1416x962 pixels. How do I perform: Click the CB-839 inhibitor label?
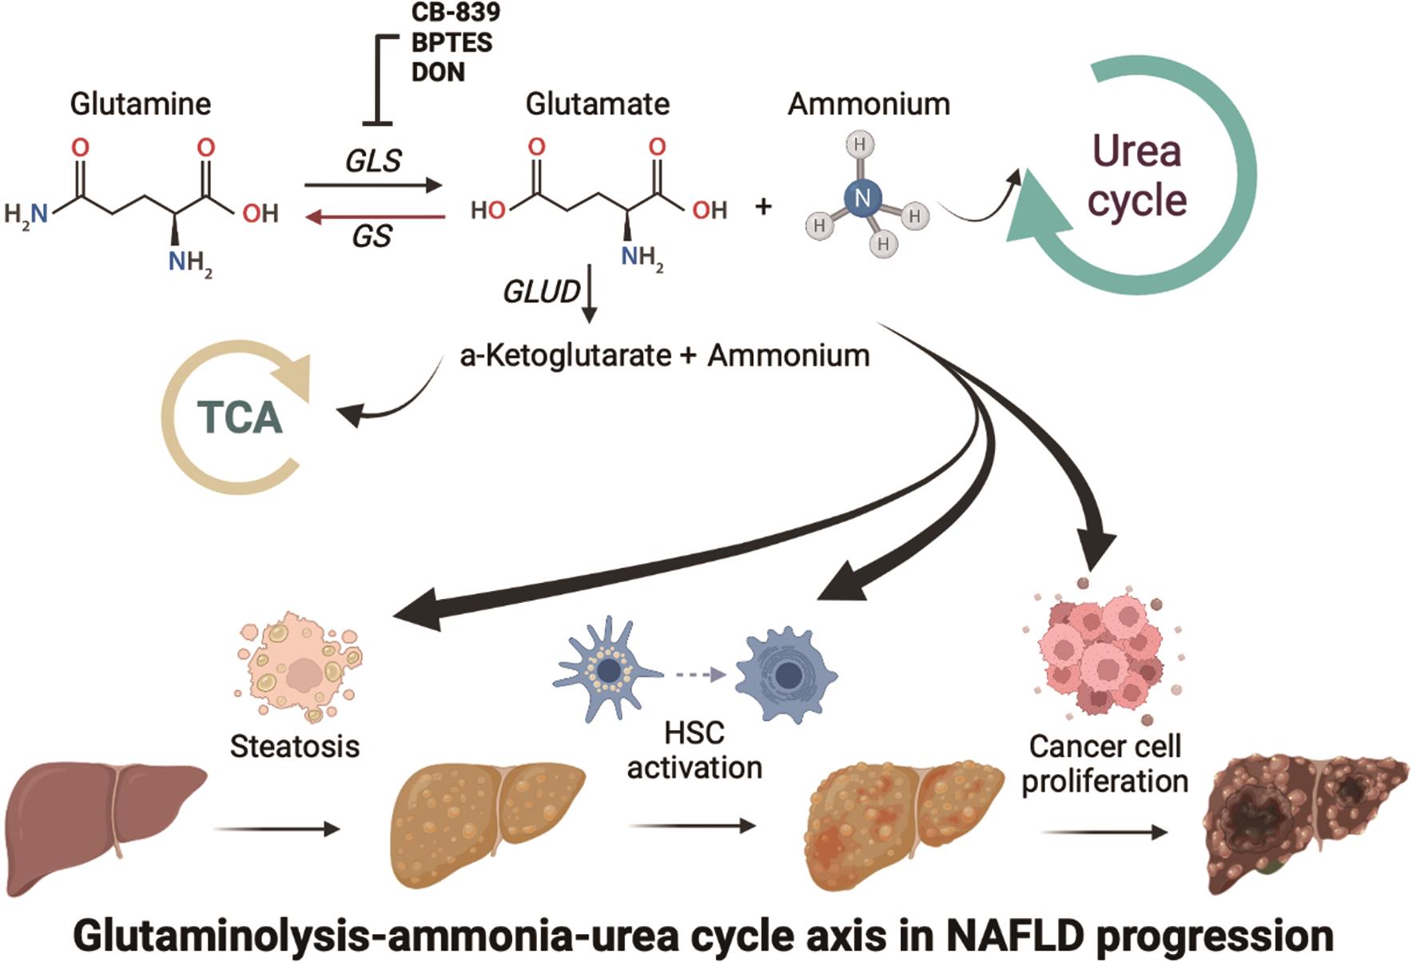pos(455,12)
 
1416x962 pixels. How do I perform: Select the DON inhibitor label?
pos(438,72)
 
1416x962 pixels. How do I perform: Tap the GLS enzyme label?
pos(373,161)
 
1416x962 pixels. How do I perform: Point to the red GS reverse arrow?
pos(376,217)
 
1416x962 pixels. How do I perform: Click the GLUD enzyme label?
pos(541,293)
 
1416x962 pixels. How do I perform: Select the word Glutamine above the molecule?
pos(141,104)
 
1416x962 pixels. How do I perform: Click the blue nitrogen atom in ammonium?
pos(862,197)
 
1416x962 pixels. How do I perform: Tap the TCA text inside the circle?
pos(240,417)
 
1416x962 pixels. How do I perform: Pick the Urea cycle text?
pos(1136,176)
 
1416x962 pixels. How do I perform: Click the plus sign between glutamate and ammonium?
pos(763,206)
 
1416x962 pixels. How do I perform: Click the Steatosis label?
pos(295,747)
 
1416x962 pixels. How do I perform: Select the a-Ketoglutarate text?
pos(565,356)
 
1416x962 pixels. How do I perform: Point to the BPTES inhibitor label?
pos(451,42)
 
